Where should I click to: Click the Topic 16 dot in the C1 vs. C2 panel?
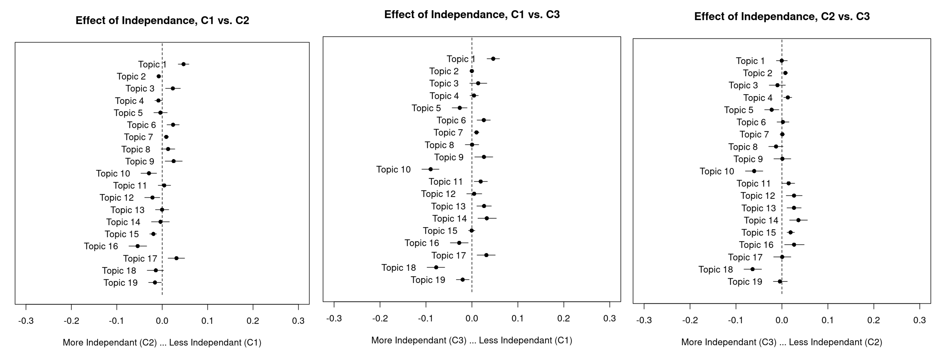[138, 246]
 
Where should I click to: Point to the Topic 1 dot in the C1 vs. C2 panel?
[183, 64]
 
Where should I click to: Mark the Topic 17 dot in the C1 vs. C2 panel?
[176, 258]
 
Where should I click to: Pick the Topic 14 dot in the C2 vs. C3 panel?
[798, 220]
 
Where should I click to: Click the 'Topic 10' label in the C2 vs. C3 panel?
[717, 172]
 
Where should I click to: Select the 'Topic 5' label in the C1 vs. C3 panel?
[426, 108]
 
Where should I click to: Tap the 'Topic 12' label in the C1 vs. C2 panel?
[117, 198]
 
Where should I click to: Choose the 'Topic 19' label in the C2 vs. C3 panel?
[745, 282]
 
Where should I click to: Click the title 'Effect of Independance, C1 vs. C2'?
[162, 20]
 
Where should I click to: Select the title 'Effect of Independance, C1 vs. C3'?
[472, 14]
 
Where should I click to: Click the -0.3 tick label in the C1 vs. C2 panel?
[26, 321]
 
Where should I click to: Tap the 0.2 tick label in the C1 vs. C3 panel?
[563, 319]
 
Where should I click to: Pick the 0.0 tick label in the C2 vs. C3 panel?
[782, 320]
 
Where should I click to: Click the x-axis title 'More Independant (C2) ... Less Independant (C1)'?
[162, 343]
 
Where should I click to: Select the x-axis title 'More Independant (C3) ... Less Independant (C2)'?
[782, 342]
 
